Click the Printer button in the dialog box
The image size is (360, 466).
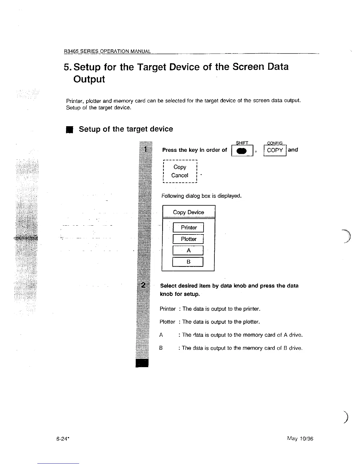coord(189,227)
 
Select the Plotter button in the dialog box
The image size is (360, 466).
coord(189,239)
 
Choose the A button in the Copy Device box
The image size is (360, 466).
coord(189,250)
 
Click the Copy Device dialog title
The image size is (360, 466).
coord(189,212)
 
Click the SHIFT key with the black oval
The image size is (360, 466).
coord(242,151)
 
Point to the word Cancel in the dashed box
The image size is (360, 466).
coord(180,175)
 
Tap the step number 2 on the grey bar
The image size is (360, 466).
coord(144,285)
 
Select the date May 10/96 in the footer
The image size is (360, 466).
coord(300,439)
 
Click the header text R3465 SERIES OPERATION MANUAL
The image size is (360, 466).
coord(108,51)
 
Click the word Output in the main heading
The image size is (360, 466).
coord(89,79)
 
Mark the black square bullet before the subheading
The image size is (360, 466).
coord(69,129)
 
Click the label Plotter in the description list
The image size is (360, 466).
coord(167,322)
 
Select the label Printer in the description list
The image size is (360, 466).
coord(168,309)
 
